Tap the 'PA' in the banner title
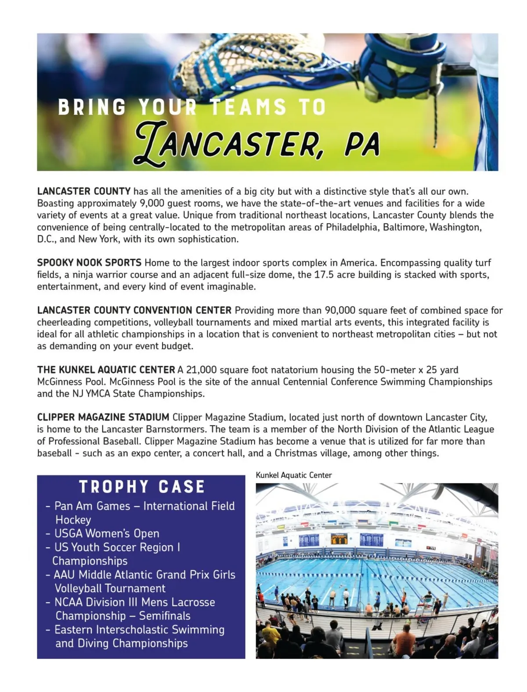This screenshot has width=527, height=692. pyautogui.click(x=362, y=144)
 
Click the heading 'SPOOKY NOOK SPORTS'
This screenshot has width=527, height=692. pyautogui.click(x=89, y=263)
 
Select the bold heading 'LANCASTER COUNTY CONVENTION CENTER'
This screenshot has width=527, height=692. pyautogui.click(x=134, y=310)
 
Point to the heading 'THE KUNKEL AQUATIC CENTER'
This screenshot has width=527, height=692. pyautogui.click(x=106, y=370)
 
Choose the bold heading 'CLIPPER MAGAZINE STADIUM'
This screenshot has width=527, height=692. pyautogui.click(x=103, y=417)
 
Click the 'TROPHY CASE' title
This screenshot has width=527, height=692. pyautogui.click(x=142, y=487)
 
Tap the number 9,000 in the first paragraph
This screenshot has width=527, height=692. pyautogui.click(x=152, y=203)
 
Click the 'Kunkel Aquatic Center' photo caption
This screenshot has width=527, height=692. pyautogui.click(x=293, y=475)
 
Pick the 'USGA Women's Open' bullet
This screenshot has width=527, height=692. pyautogui.click(x=106, y=534)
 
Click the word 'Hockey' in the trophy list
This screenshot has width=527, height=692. pyautogui.click(x=73, y=520)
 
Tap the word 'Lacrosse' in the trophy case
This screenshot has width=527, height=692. pyautogui.click(x=193, y=602)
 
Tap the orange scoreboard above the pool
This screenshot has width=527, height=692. pyautogui.click(x=339, y=539)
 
